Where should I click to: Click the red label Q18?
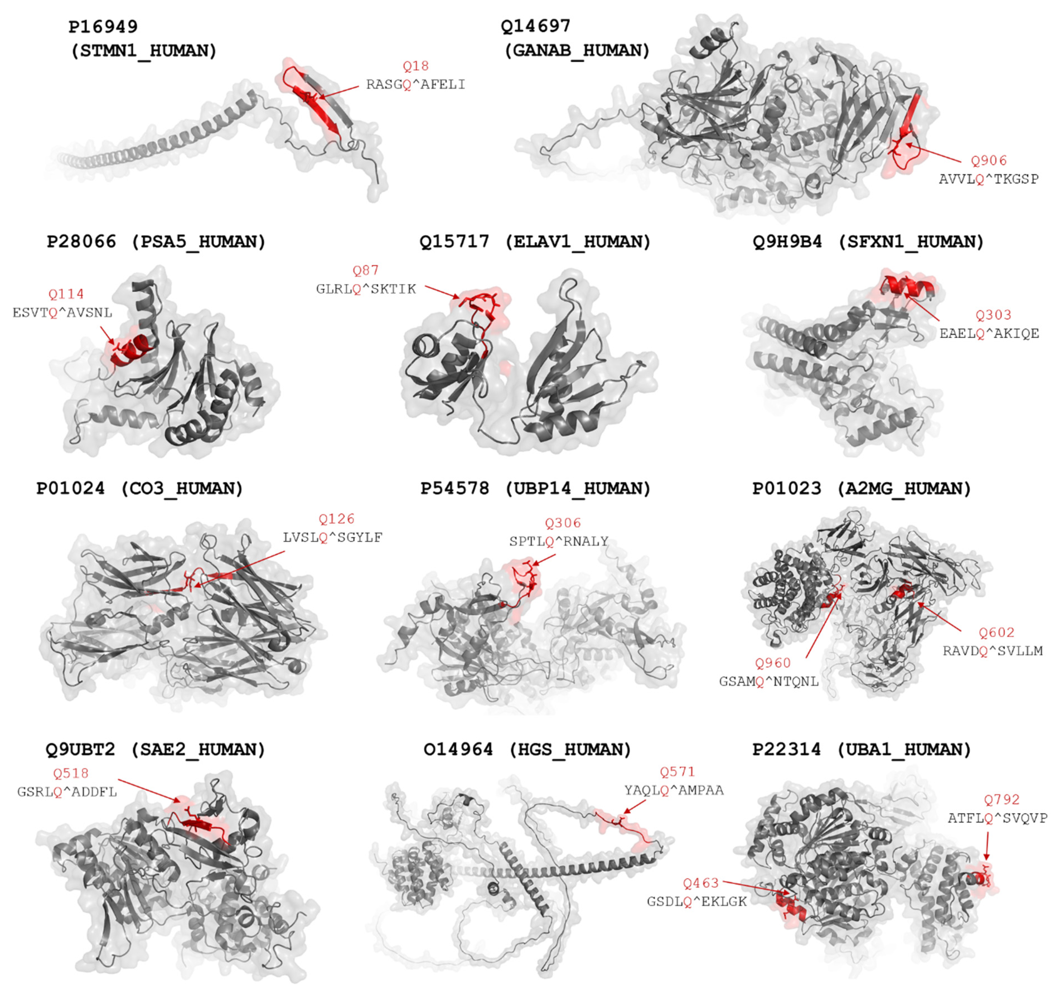[415, 66]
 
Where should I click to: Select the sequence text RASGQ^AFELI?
[415, 84]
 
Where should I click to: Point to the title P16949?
[103, 26]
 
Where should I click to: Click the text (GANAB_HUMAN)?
[577, 50]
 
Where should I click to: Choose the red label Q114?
[66, 294]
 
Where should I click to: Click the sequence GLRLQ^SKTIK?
[366, 289]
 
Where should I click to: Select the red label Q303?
[993, 315]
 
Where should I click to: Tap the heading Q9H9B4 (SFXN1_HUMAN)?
[868, 242]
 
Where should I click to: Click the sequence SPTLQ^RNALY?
[558, 542]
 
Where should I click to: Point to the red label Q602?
[996, 632]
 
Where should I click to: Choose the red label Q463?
[701, 883]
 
